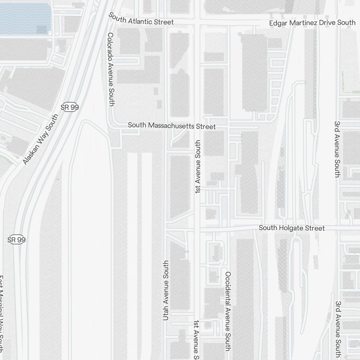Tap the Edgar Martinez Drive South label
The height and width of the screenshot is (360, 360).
(x=312, y=23)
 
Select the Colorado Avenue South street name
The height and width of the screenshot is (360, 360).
(x=111, y=69)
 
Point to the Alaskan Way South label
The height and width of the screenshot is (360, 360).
(x=40, y=140)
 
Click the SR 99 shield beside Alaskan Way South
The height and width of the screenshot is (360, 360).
(x=70, y=107)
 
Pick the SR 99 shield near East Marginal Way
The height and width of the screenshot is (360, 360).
(x=17, y=240)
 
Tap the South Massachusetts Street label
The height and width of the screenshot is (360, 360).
(x=172, y=126)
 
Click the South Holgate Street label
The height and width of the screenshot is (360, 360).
(x=292, y=228)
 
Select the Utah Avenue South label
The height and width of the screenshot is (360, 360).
(x=166, y=290)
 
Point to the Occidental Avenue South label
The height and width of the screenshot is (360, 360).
(x=228, y=311)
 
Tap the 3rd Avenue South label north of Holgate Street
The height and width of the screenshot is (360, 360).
(x=337, y=149)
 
